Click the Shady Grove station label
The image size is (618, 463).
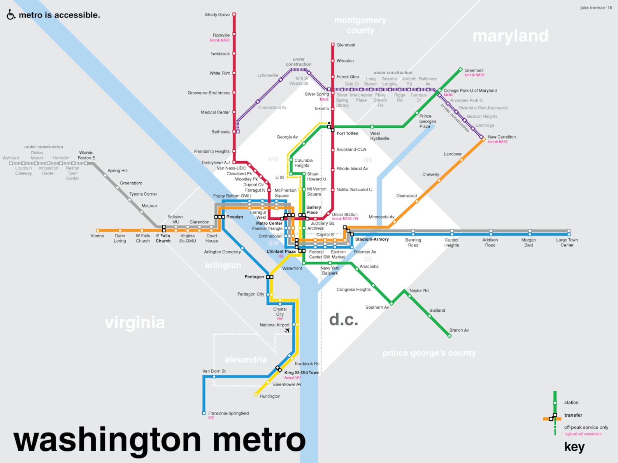point(217,15)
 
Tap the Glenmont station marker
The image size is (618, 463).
point(333,45)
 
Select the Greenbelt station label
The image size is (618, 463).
point(474,70)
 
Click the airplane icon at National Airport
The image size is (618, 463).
point(287,330)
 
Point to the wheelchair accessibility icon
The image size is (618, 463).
point(11,15)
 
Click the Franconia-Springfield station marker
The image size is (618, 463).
point(204,413)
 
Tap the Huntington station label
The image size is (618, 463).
point(270,396)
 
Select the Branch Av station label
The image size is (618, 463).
point(459,330)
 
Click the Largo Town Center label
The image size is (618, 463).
point(567,243)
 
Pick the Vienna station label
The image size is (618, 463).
point(97,236)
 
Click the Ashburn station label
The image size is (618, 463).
point(11,158)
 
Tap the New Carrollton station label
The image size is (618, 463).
point(501,137)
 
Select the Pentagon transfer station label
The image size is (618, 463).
point(254,277)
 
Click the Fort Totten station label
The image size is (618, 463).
point(347,133)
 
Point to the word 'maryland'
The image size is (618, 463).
point(510,36)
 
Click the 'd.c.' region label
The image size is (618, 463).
point(343,320)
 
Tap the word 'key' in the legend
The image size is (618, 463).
point(574,447)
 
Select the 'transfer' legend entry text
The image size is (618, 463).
point(573,415)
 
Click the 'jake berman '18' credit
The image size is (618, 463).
point(596,8)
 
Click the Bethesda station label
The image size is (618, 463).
point(220,132)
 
